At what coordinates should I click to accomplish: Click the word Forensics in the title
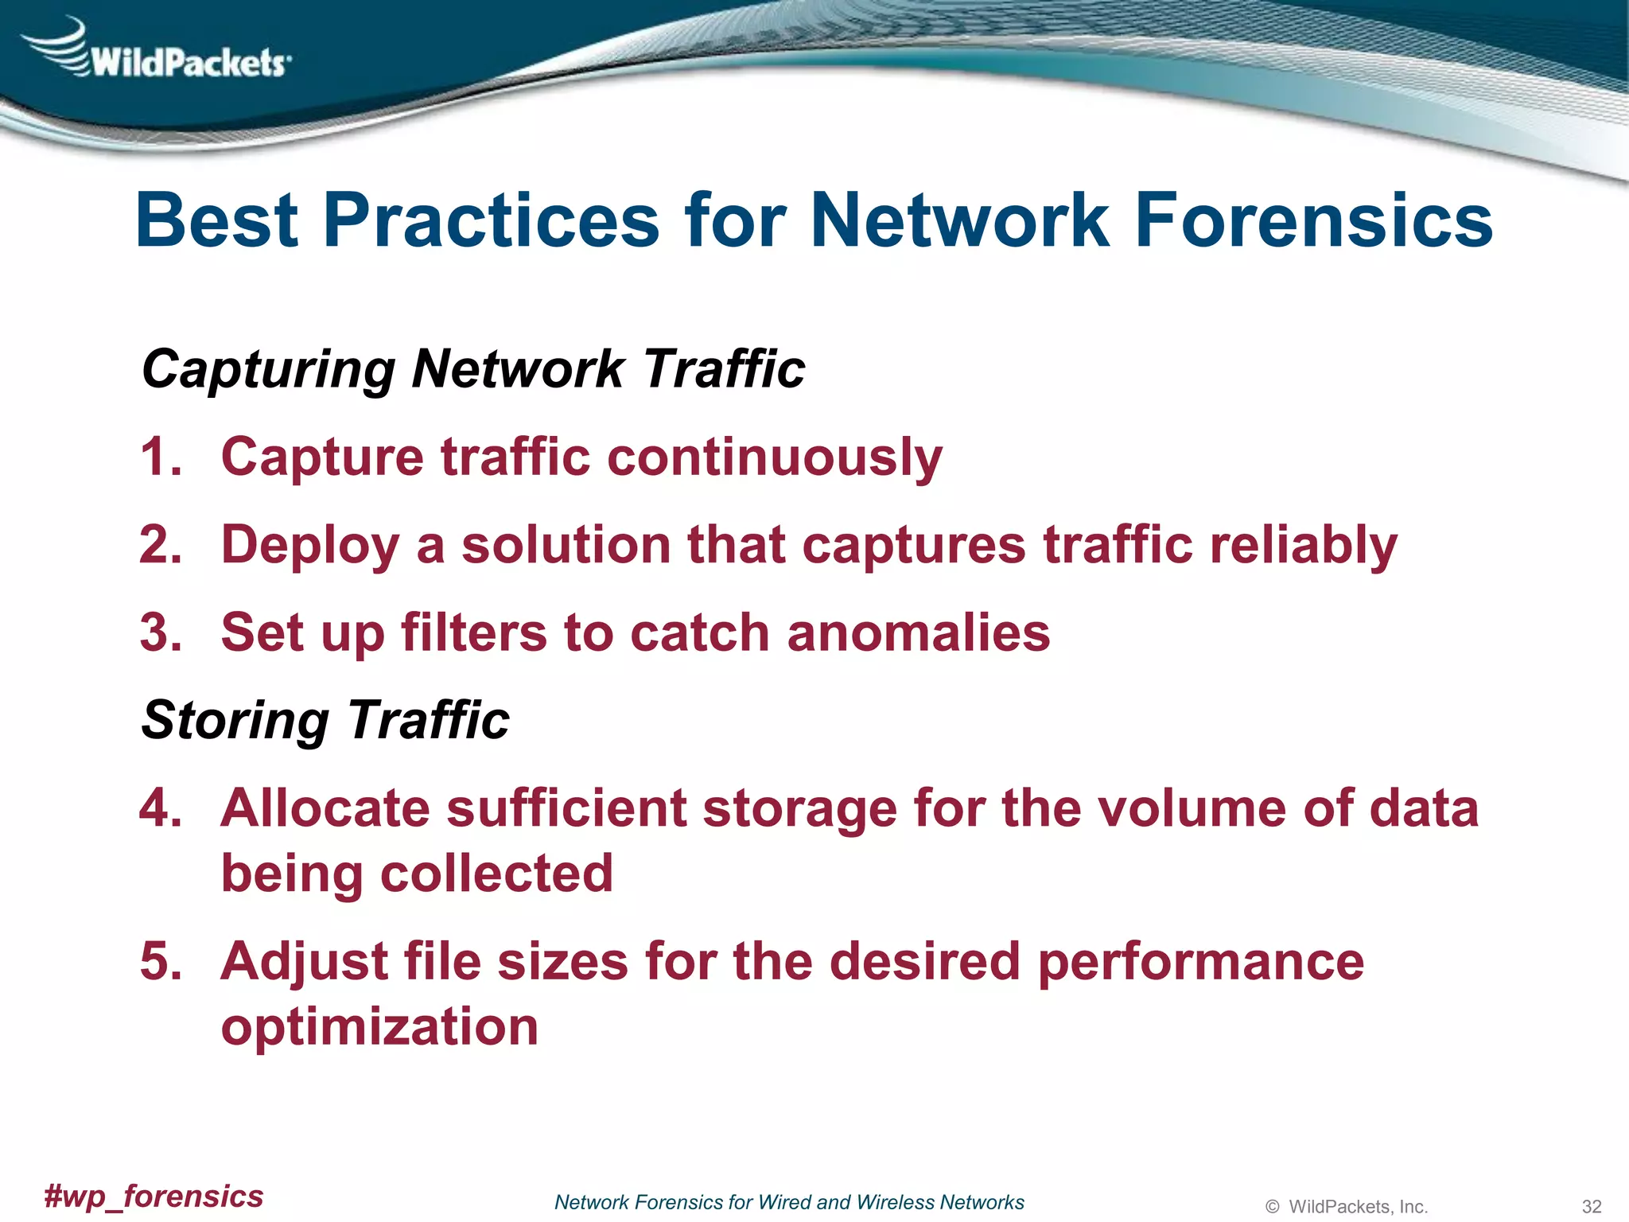click(1313, 220)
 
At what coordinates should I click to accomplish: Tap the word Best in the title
click(216, 220)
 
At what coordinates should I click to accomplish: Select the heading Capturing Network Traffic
click(473, 369)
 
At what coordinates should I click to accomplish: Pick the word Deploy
click(309, 547)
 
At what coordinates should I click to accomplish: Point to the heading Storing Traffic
click(325, 721)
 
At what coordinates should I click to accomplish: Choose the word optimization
click(379, 1028)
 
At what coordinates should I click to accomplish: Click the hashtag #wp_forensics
click(154, 1197)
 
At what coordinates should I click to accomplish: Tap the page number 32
click(1591, 1207)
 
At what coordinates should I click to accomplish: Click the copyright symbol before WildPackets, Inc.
click(1273, 1207)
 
